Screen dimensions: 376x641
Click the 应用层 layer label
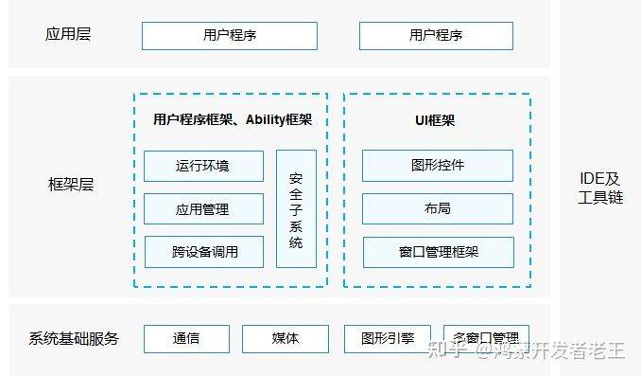[x=68, y=35]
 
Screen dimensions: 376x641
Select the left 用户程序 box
[x=230, y=36]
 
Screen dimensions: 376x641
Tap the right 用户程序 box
[x=436, y=36]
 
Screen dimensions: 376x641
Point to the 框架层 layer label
[x=71, y=185]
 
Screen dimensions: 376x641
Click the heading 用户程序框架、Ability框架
[x=233, y=119]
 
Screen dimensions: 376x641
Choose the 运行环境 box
[x=203, y=166]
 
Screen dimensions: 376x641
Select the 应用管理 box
[x=203, y=208]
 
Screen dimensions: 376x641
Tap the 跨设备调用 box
[x=203, y=252]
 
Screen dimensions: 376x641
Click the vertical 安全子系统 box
[x=296, y=209]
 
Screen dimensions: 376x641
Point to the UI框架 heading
[x=437, y=119]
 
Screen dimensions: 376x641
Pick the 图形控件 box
[x=438, y=166]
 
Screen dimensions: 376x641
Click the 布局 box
[x=438, y=208]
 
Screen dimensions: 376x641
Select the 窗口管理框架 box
[x=438, y=252]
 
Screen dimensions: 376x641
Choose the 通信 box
[x=186, y=338]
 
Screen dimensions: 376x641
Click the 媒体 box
[x=286, y=338]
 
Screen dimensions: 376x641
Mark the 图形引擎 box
[x=385, y=338]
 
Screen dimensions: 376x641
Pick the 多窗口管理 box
[x=486, y=338]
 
